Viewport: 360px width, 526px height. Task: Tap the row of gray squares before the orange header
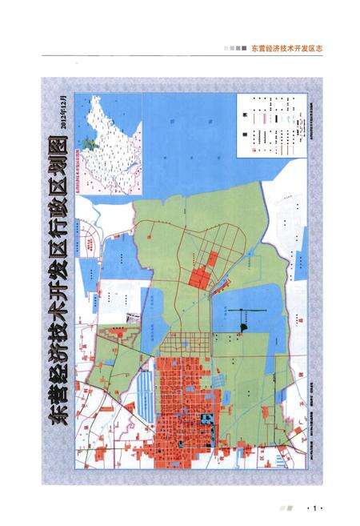click(234, 47)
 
